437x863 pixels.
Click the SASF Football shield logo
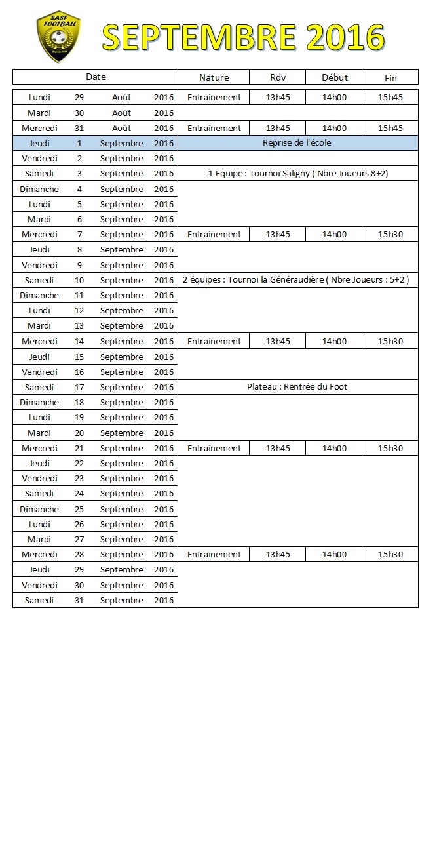58,37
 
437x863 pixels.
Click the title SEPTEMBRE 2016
243,37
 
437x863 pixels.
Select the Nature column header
214,77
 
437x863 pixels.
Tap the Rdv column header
278,77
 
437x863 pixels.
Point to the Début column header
334,77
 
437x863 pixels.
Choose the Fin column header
390,78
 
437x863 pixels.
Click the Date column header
96,77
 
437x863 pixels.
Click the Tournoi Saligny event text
297,174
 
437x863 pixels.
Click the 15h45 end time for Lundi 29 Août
390,97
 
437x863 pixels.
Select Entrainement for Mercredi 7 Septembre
214,234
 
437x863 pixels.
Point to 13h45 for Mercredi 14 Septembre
278,341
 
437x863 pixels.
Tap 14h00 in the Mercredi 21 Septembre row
334,448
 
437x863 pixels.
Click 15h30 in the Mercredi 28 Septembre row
390,554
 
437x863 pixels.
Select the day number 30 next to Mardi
79,113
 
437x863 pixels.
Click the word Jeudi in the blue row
39,143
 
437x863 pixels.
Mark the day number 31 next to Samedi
79,600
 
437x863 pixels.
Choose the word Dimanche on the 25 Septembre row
39,509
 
